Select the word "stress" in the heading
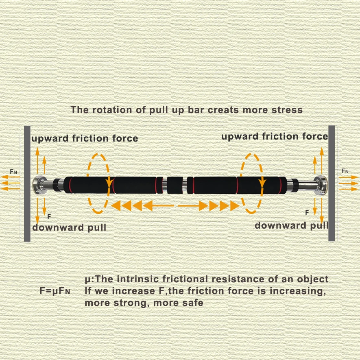click(x=288, y=110)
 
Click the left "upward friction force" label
click(x=85, y=139)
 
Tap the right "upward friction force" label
click(x=274, y=136)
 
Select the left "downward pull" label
click(x=69, y=227)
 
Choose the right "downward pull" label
click(x=291, y=225)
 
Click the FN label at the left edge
click(x=13, y=172)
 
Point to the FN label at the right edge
click(x=345, y=171)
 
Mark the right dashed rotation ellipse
click(x=254, y=183)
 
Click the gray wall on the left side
click(x=27, y=183)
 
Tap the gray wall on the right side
click(x=332, y=183)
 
